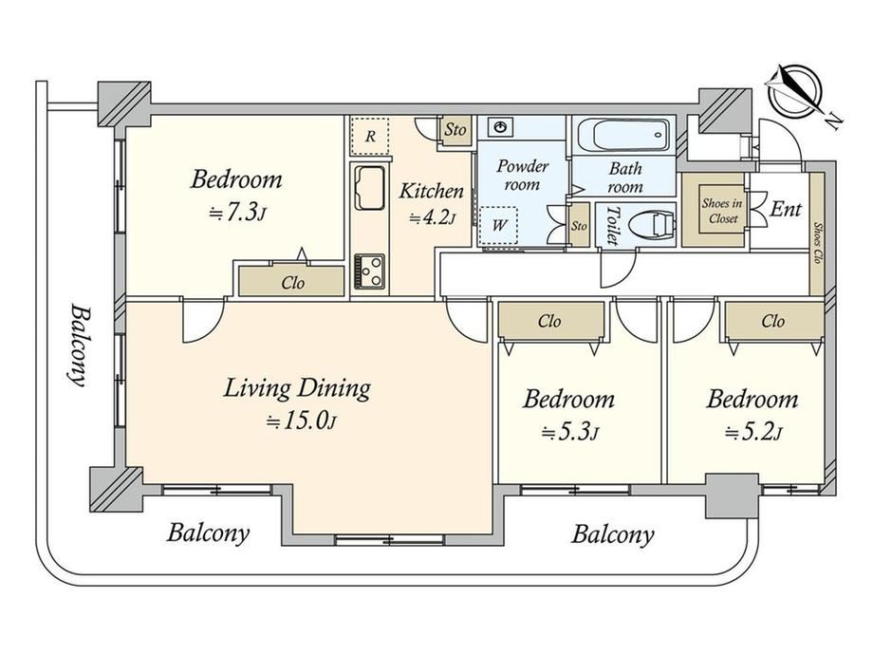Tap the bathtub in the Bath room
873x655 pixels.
click(x=623, y=134)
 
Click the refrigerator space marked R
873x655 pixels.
click(x=370, y=136)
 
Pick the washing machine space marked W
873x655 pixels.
click(x=498, y=226)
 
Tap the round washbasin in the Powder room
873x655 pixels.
click(x=502, y=127)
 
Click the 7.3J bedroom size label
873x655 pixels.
click(x=236, y=213)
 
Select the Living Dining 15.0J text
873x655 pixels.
click(x=298, y=403)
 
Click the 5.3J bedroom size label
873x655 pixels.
click(x=569, y=432)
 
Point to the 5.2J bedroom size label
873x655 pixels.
click(x=753, y=432)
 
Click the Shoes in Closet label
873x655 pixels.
click(x=722, y=211)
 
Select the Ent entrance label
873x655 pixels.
click(x=786, y=210)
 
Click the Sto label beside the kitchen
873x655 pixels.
click(x=455, y=130)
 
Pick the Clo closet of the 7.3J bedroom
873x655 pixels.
click(x=291, y=281)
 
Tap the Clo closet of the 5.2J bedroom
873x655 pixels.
click(x=773, y=321)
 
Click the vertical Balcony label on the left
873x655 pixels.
click(x=79, y=345)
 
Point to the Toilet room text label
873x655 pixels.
click(x=612, y=226)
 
